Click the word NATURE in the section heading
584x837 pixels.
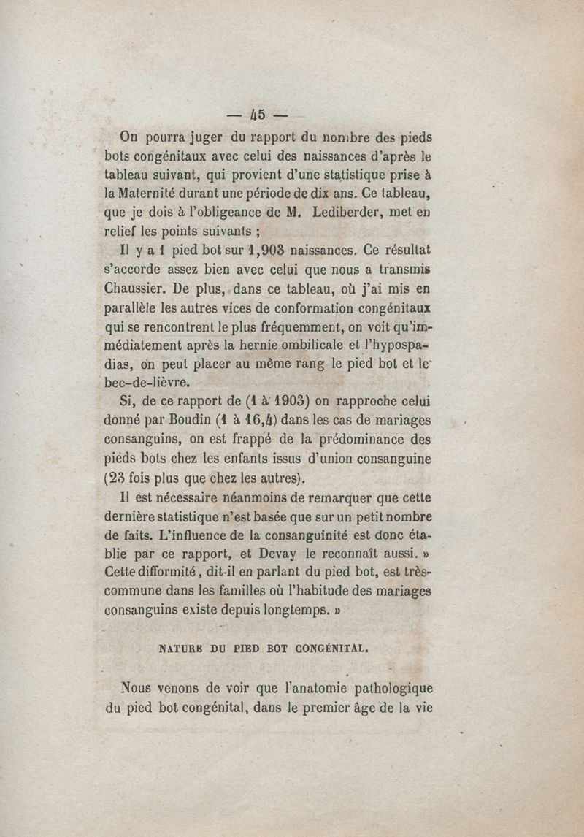point(181,646)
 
